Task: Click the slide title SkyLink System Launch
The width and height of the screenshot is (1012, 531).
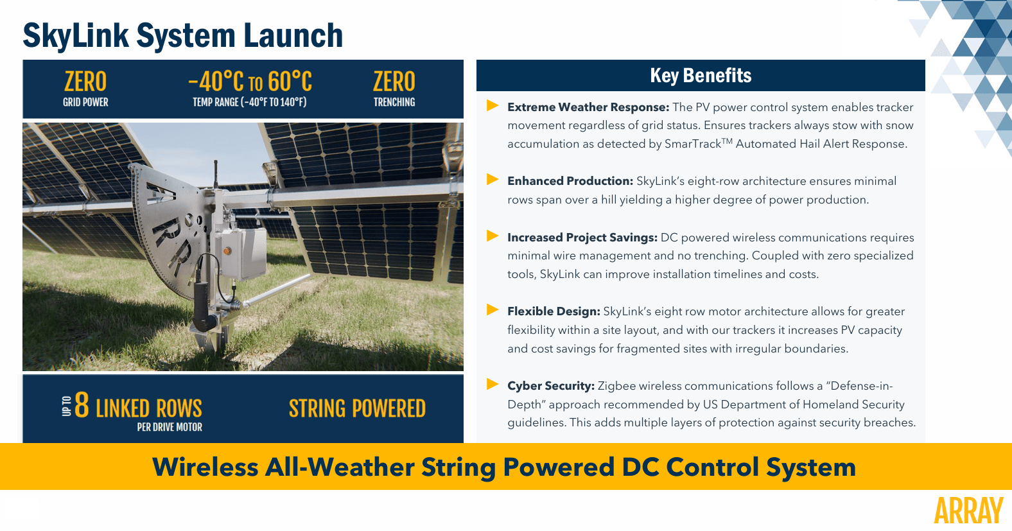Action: [x=183, y=35]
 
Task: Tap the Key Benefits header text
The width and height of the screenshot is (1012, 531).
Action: [x=701, y=76]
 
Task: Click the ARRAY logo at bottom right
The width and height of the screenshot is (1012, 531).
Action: [x=968, y=511]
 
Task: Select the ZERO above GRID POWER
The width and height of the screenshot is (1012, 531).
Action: [x=85, y=82]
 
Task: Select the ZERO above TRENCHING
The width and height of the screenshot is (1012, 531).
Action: [x=394, y=82]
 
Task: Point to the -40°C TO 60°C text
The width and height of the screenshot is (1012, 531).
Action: [x=250, y=82]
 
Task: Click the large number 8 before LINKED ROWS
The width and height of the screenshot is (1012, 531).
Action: [x=82, y=406]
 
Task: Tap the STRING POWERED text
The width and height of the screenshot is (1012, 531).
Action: [x=357, y=409]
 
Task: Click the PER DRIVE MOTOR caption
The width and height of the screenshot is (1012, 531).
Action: [x=170, y=428]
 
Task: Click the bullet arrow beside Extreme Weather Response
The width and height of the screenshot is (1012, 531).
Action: [x=493, y=106]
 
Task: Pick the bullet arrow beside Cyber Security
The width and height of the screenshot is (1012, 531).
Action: [x=493, y=385]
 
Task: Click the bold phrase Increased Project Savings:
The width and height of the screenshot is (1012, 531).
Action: [x=582, y=238]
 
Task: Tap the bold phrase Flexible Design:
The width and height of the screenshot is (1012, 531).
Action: [x=554, y=311]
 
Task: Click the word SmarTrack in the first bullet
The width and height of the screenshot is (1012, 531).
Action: [x=692, y=144]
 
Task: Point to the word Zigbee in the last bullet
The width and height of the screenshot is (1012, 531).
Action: [x=616, y=386]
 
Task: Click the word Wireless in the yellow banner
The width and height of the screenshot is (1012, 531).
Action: [x=205, y=467]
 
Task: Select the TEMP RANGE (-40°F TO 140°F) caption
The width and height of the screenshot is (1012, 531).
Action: [x=250, y=102]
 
